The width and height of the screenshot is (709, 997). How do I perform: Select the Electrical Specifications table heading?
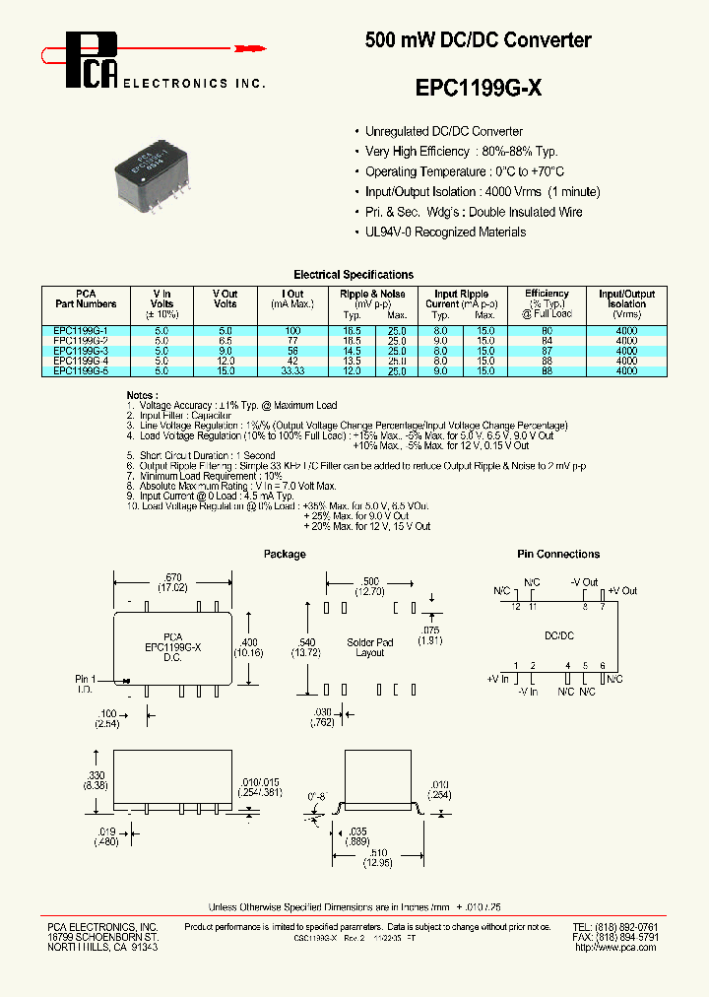354,275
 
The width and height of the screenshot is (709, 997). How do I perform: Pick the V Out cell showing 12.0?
225,361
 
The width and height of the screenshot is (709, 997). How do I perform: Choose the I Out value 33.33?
292,371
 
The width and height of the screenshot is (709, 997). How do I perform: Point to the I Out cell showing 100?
292,330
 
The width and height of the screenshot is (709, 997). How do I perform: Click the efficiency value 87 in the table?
547,351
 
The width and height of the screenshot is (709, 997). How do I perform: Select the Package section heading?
285,555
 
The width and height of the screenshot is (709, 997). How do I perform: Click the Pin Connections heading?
558,555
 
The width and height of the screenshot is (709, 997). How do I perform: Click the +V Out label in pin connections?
622,591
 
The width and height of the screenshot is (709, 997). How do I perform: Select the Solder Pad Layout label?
370,647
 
